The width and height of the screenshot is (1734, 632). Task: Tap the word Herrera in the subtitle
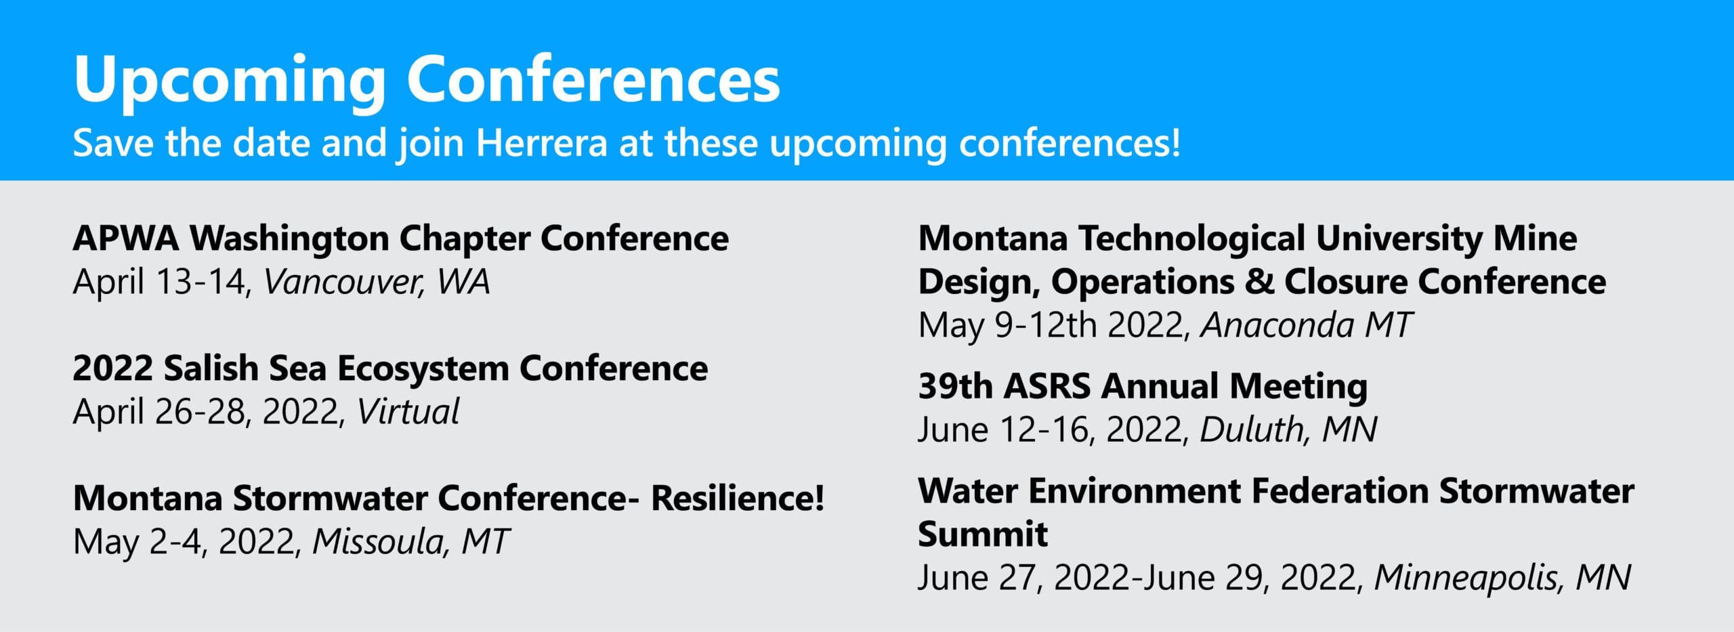tap(542, 144)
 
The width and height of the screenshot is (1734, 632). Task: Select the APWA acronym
tap(126, 238)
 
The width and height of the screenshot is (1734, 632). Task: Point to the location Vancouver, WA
tap(377, 282)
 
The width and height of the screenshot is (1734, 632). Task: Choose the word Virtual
tap(408, 412)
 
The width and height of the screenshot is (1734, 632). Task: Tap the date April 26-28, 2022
tap(209, 412)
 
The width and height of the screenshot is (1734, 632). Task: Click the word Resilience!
tap(738, 499)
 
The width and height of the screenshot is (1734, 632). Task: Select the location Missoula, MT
tap(410, 542)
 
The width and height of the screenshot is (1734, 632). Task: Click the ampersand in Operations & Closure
tap(1259, 282)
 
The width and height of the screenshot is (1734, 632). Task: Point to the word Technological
tap(1192, 238)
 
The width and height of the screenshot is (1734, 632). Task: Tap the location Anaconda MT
tap(1307, 325)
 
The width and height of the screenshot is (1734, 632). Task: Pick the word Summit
tap(983, 534)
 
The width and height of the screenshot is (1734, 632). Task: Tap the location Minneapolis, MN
tap(1502, 578)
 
